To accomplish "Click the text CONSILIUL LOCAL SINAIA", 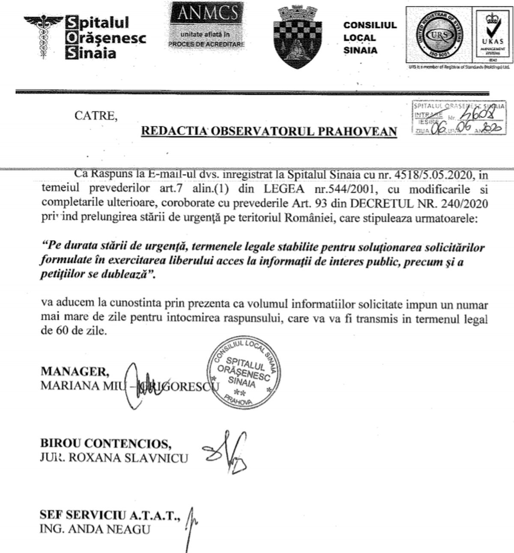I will (x=370, y=38).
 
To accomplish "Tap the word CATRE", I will (x=96, y=116).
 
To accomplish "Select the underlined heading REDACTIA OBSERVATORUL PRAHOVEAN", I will (x=269, y=131).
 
